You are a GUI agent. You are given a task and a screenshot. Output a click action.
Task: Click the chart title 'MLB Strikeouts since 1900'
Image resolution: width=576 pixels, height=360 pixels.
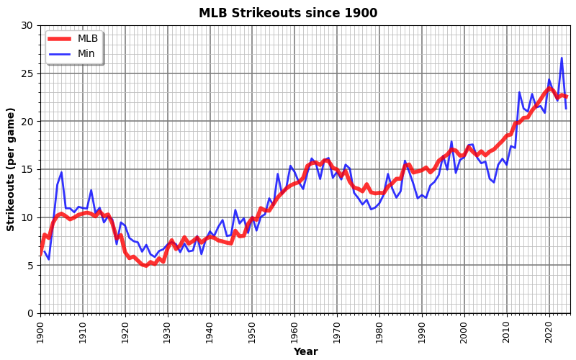(288, 13)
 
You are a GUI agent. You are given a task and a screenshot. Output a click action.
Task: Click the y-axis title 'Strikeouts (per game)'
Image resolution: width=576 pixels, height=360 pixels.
(11, 169)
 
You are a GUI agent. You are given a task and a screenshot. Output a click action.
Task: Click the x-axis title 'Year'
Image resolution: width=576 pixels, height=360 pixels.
(305, 352)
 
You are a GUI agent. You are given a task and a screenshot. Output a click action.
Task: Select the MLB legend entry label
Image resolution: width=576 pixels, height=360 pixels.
(88, 39)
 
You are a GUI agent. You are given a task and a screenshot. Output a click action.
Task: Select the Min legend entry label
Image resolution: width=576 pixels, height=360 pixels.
(87, 54)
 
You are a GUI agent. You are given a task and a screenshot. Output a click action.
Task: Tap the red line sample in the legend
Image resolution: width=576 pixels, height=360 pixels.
(60, 39)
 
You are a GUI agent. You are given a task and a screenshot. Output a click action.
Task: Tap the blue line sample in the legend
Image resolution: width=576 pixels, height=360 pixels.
(60, 54)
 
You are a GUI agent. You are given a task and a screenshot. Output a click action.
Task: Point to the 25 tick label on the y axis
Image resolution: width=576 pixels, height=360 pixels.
(27, 73)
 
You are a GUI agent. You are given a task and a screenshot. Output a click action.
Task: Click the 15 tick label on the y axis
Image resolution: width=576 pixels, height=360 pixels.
(27, 169)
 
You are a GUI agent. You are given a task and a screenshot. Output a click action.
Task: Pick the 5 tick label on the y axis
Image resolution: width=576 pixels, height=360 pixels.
(30, 265)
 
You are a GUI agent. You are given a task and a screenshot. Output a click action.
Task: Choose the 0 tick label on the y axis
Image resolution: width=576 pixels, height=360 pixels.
(30, 313)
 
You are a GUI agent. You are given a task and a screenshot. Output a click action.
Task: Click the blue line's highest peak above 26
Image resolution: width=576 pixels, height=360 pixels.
(562, 58)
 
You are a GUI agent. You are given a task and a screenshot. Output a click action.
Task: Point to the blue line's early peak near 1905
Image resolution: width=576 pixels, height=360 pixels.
(61, 173)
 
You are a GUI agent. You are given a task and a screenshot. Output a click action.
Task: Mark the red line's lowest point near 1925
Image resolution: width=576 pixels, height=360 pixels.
(146, 266)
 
